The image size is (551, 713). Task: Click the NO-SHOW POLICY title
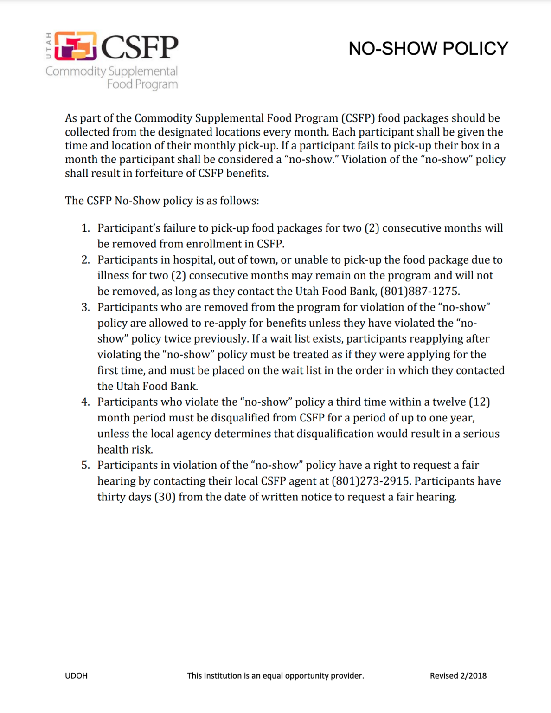pos(428,49)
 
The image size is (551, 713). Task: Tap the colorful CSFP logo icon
pos(76,46)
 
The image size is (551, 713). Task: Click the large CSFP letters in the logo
pos(140,47)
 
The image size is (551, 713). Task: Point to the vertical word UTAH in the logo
pos(49,46)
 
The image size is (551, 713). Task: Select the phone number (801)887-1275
pos(420,291)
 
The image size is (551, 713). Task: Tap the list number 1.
pos(85,228)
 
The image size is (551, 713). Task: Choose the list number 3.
pos(85,307)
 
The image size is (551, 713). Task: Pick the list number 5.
pos(85,465)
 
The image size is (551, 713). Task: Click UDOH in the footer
pos(76,676)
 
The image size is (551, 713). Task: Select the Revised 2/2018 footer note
pos(458,676)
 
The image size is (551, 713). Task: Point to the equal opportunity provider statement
pos(275,676)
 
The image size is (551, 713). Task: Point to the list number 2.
pos(85,259)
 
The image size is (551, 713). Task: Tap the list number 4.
pos(85,402)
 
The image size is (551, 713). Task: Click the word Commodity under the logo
pos(76,71)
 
